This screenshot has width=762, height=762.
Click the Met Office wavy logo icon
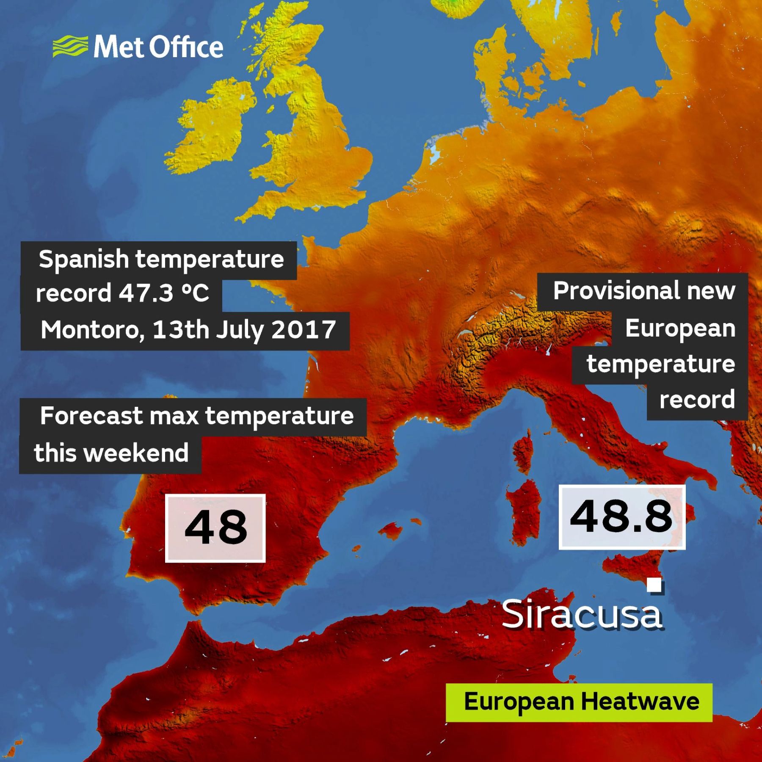click(x=70, y=47)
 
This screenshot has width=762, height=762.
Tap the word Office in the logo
click(x=186, y=47)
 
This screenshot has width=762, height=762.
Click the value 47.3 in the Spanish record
click(x=146, y=293)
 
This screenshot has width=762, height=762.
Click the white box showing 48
click(x=215, y=528)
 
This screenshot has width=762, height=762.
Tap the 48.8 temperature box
click(x=621, y=517)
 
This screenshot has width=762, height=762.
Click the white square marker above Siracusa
click(x=654, y=585)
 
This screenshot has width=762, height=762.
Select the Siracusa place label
click(x=582, y=615)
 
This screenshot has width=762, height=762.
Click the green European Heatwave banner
click(x=579, y=702)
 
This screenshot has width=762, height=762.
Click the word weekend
click(x=136, y=453)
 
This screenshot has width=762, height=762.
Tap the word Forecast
click(x=91, y=416)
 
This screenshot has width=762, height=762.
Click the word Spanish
click(x=84, y=259)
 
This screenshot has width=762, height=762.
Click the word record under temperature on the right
click(x=697, y=400)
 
